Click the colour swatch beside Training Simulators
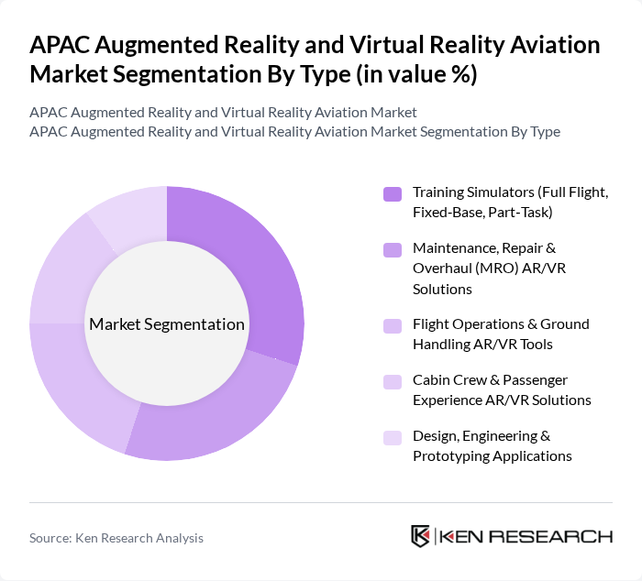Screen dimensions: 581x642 (392, 193)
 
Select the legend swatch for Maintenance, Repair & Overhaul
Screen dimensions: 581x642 (392, 249)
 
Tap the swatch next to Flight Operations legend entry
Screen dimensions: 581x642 (392, 325)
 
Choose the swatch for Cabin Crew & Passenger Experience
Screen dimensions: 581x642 (392, 380)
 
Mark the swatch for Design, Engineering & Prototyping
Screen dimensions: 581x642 (392, 437)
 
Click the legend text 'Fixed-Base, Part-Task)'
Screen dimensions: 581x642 (482, 213)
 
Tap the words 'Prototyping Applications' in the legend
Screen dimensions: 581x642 (492, 455)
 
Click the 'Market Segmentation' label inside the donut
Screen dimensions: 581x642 (166, 324)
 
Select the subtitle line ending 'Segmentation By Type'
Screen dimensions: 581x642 (294, 131)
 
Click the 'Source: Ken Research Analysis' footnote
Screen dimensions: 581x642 (116, 538)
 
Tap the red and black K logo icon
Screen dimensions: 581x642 (420, 536)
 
